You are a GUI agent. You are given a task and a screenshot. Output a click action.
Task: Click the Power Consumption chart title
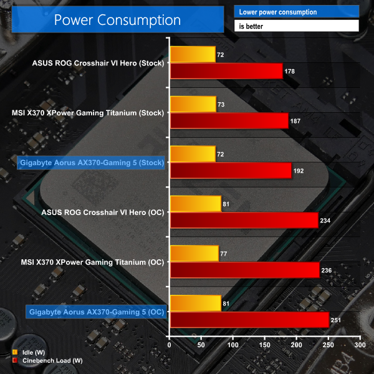coord(117,20)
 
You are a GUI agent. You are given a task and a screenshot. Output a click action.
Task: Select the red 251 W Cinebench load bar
coord(249,320)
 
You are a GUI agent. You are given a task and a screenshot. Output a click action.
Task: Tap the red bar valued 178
coord(226,71)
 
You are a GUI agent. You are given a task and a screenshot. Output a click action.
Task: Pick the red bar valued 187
coord(229,121)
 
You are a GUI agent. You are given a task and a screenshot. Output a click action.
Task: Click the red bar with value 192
coord(230,170)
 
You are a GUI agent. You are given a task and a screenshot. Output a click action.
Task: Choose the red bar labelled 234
coord(244,220)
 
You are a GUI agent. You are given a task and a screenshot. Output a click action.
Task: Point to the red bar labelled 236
coord(244,270)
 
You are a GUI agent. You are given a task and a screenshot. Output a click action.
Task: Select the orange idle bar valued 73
coord(193,104)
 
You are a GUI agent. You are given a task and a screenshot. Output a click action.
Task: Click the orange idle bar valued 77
coord(194,253)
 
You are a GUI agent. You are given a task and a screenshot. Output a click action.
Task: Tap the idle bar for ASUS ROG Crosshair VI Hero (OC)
coord(195,204)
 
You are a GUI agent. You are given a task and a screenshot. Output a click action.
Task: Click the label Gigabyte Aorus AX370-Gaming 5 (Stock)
coord(92,163)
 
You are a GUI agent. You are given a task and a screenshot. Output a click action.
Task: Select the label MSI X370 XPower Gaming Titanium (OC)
coord(88,262)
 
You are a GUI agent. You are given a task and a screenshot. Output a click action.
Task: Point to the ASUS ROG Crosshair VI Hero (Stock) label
coord(98,62)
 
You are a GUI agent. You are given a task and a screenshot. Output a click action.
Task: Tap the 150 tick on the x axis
coord(264,345)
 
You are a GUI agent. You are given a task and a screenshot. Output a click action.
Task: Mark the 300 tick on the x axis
coord(359,345)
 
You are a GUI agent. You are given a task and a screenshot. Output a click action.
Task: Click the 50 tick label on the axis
coord(201,345)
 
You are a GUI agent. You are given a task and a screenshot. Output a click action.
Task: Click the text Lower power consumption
coord(277,12)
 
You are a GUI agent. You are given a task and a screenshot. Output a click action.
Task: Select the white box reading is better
coord(296,26)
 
